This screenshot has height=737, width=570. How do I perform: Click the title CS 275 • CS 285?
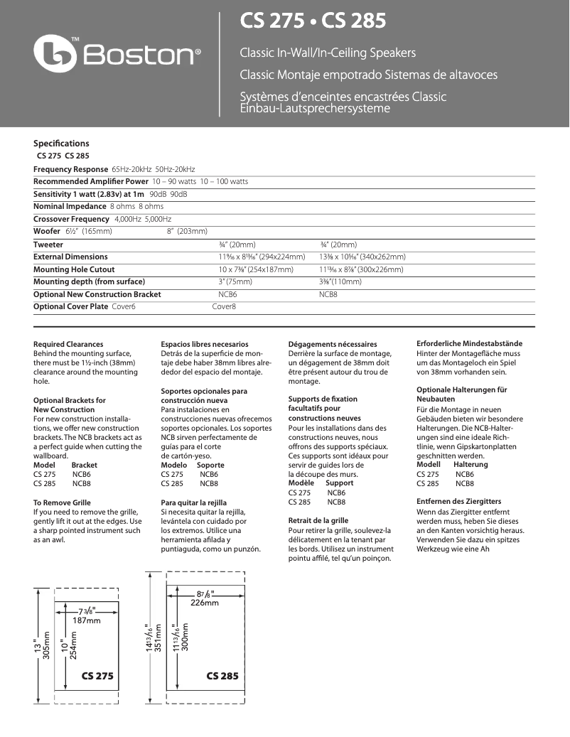point(313,21)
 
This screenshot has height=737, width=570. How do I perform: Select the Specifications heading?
point(62,144)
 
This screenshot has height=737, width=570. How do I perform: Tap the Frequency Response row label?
point(71,169)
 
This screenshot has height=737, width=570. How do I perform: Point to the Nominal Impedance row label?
point(70,206)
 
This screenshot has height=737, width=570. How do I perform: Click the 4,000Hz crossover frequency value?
point(128,219)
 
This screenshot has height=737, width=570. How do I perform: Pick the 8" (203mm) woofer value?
point(187,231)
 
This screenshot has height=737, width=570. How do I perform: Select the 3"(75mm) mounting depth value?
point(235,281)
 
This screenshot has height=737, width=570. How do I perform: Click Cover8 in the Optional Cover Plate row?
point(224,306)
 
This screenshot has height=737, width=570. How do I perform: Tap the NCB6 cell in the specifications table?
point(228,294)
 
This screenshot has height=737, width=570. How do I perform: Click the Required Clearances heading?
point(68,344)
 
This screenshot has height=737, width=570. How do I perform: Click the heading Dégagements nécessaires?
point(333,344)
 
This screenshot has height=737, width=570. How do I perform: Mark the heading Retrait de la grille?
point(318,521)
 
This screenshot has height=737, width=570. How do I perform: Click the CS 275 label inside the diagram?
point(97,675)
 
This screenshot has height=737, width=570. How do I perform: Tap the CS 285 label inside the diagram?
point(222,675)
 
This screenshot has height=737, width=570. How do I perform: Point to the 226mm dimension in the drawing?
point(205,603)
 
